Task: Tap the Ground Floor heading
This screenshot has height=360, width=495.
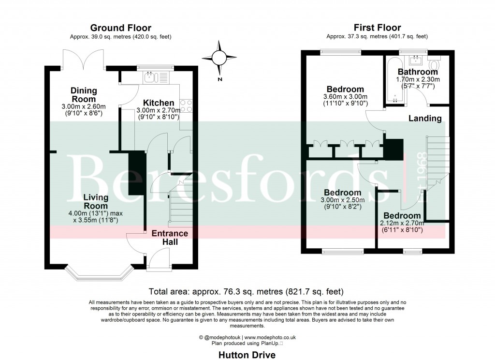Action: (x=121, y=28)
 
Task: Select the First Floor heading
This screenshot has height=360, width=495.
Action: (x=377, y=28)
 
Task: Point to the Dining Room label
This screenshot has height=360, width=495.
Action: (x=84, y=95)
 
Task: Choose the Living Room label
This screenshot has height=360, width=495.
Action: (x=96, y=202)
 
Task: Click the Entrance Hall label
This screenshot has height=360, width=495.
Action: (x=170, y=237)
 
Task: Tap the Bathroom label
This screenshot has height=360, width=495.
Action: (x=418, y=72)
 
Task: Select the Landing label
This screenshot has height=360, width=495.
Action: (x=425, y=118)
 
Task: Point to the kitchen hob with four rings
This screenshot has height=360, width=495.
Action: (x=186, y=106)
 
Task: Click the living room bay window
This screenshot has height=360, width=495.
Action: (x=98, y=274)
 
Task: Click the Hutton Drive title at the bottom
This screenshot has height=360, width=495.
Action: (x=247, y=355)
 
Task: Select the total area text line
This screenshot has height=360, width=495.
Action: (x=247, y=291)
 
